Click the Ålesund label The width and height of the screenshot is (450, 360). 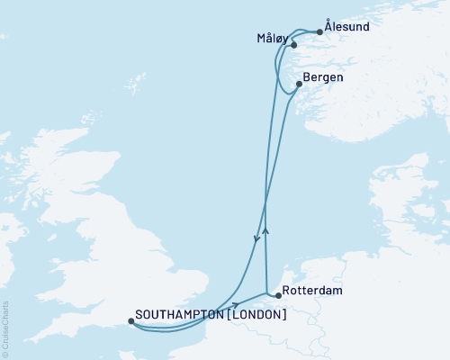click(x=346, y=27)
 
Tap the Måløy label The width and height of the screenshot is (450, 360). click(x=271, y=40)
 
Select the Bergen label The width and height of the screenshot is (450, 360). click(x=323, y=77)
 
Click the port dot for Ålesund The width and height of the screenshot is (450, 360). click(x=319, y=32)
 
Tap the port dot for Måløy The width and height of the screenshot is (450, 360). click(x=293, y=44)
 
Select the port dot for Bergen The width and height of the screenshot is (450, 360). click(x=299, y=84)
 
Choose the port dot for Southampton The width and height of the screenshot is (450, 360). click(x=131, y=320)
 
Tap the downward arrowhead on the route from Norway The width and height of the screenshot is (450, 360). click(x=257, y=239)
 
